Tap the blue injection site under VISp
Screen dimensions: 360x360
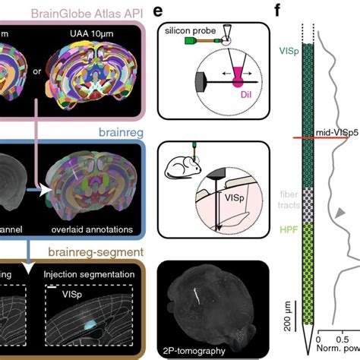click(90, 323)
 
